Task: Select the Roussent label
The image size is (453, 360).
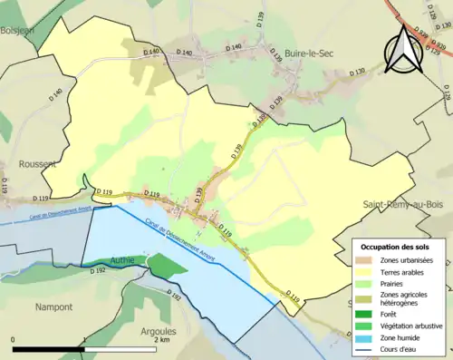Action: (x=38, y=164)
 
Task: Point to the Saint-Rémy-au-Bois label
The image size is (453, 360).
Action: (x=407, y=205)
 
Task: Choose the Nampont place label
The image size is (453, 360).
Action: (x=53, y=307)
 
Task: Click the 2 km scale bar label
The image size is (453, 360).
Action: (x=160, y=342)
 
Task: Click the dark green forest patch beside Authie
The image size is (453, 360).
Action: (x=165, y=265)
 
